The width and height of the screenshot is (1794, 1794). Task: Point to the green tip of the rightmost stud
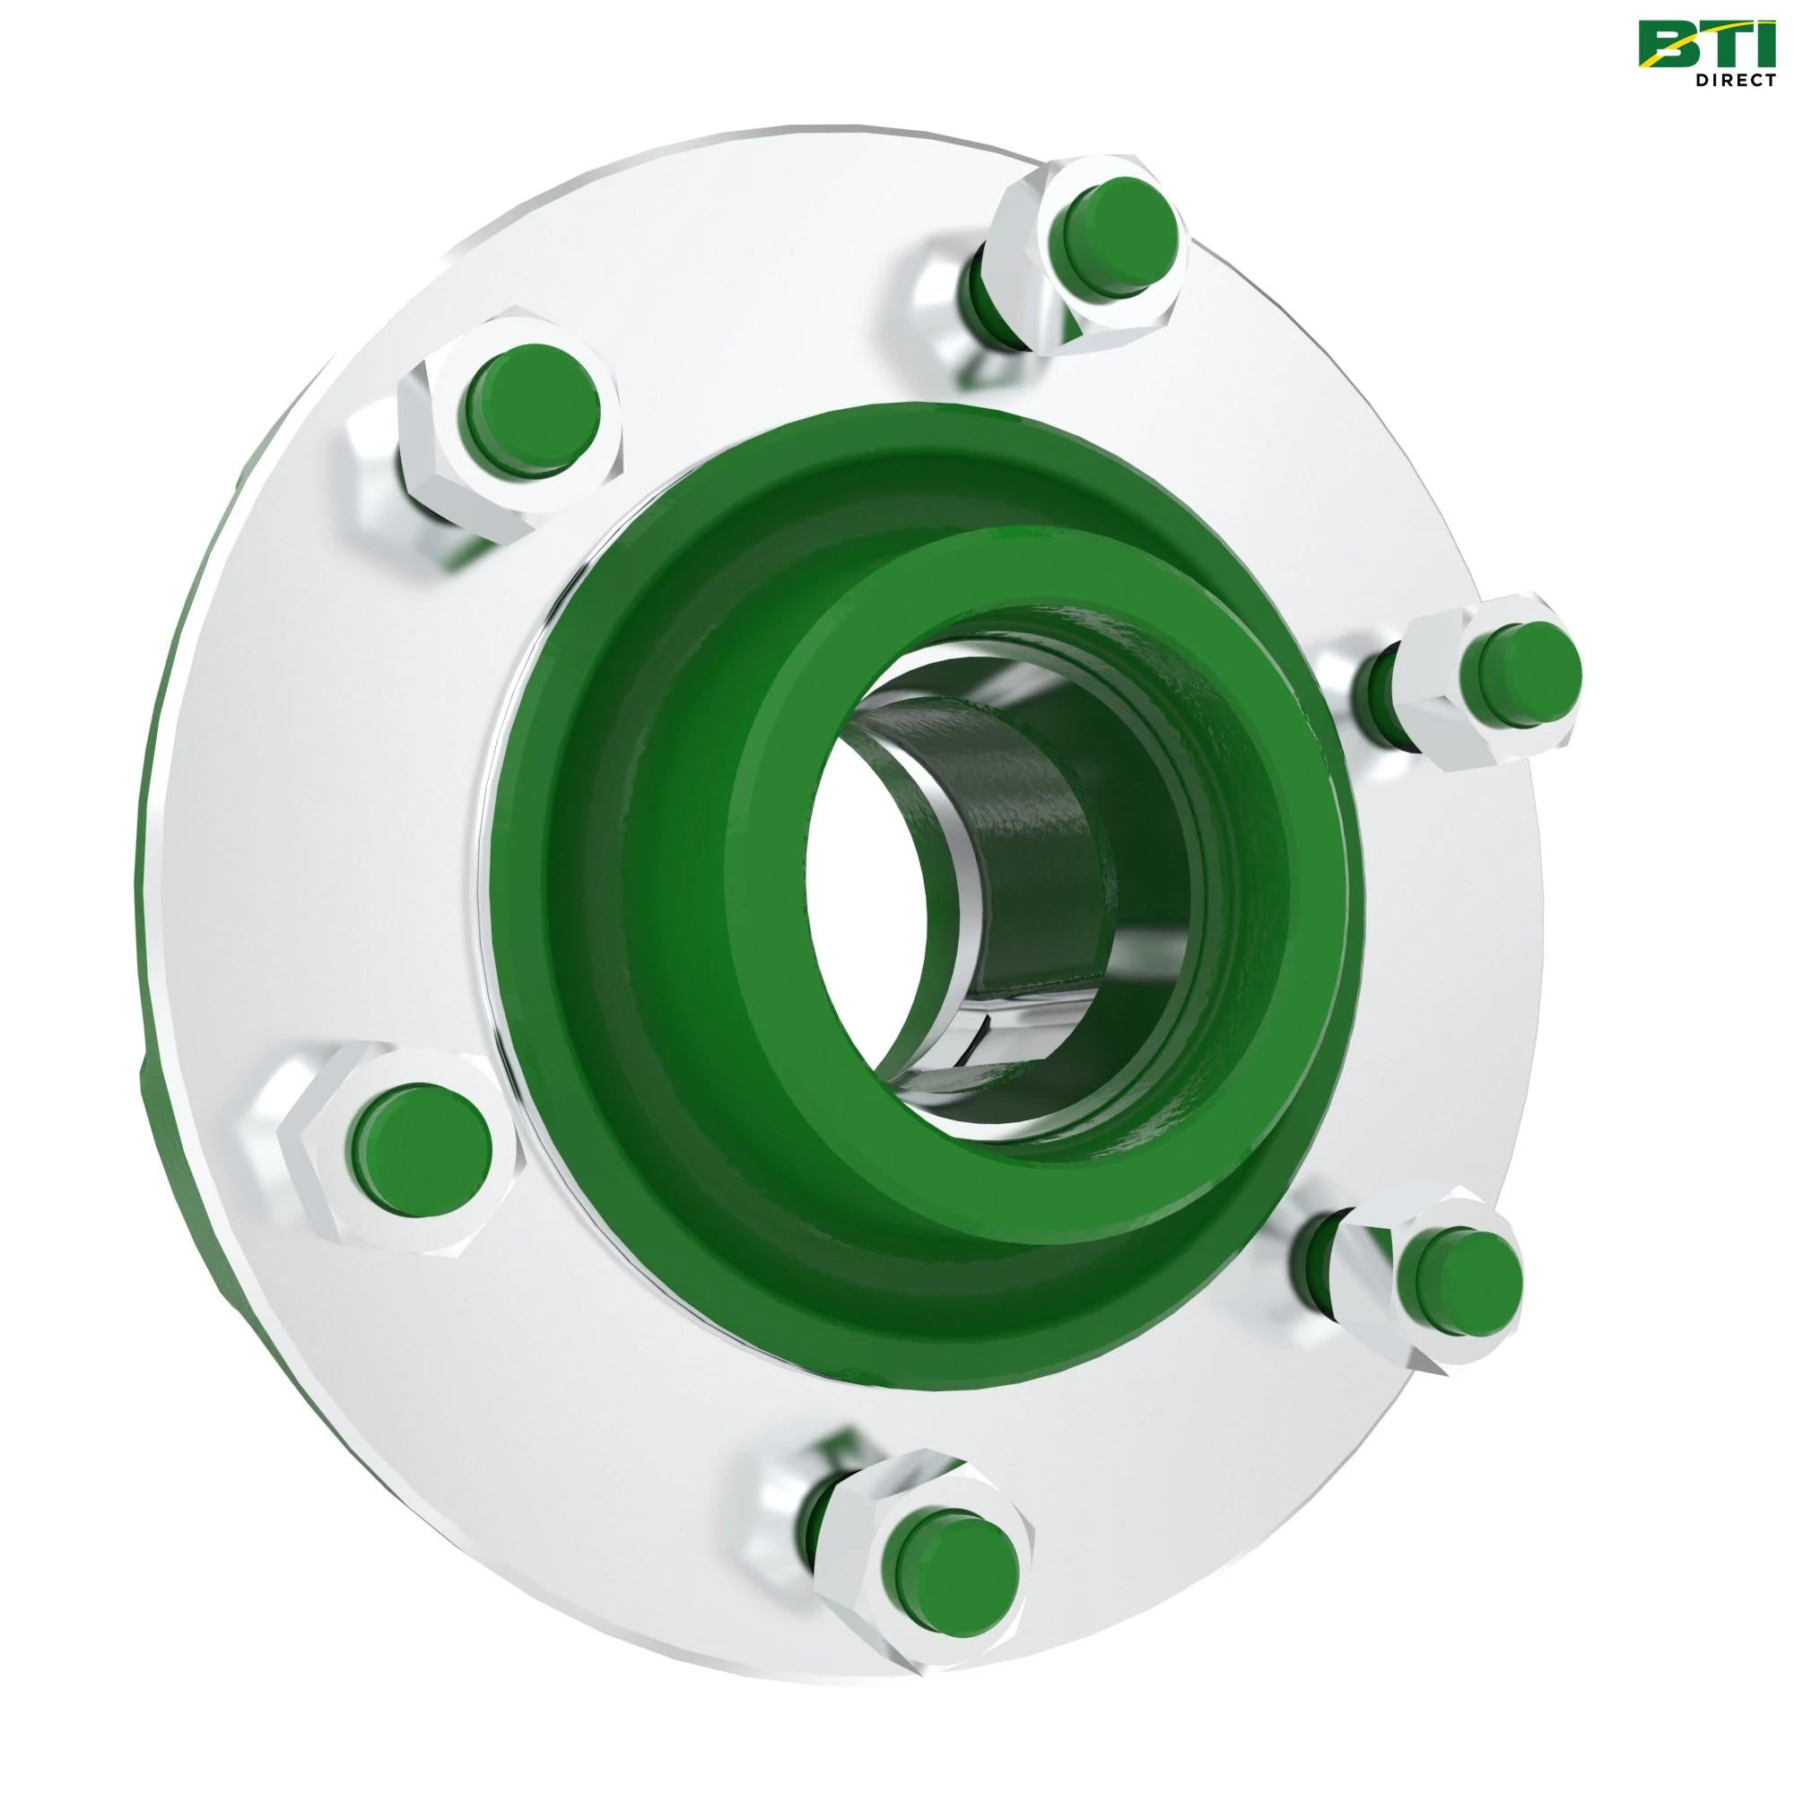(1520, 665)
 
